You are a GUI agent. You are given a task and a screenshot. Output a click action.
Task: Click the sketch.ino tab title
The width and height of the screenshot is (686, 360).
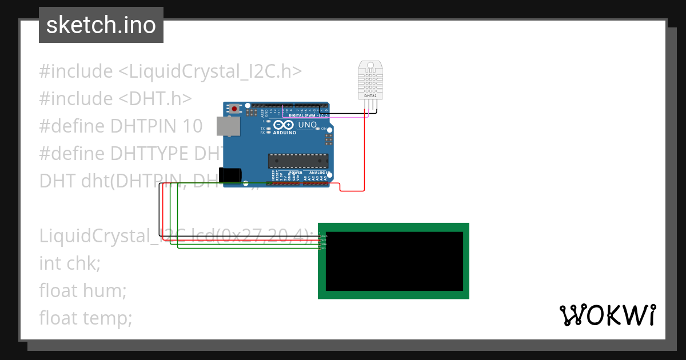tap(101, 25)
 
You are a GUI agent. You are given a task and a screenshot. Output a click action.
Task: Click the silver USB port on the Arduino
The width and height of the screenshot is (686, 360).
tap(227, 126)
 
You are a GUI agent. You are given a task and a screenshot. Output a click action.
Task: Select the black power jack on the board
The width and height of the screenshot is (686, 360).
tap(230, 175)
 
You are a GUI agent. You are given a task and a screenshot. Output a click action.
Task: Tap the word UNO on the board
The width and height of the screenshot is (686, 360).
tap(308, 125)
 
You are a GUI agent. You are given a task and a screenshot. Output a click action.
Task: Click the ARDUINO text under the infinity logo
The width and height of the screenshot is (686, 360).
tap(284, 133)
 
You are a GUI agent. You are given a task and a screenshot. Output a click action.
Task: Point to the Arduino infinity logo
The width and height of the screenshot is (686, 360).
tap(284, 125)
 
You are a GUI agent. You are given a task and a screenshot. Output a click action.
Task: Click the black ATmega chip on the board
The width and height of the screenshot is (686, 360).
tap(298, 162)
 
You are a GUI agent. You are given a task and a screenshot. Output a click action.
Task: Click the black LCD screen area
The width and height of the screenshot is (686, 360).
tap(394, 261)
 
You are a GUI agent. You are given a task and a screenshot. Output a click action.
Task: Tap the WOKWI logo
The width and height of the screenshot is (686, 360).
tap(607, 315)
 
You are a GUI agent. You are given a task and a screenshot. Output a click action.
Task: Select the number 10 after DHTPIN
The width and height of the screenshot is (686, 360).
tap(191, 126)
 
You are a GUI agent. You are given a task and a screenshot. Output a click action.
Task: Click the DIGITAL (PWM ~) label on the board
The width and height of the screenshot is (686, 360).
tap(304, 115)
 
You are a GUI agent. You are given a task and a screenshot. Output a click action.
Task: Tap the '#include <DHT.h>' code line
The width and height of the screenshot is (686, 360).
tap(115, 98)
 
